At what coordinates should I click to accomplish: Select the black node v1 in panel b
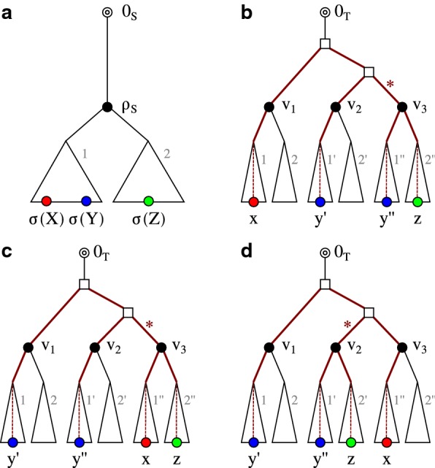(x=269, y=107)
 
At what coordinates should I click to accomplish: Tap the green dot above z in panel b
(x=417, y=202)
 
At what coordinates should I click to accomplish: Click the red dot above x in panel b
(x=253, y=202)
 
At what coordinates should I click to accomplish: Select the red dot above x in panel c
(x=145, y=442)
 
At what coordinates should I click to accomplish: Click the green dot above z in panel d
(x=352, y=442)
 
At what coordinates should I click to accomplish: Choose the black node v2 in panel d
(x=336, y=348)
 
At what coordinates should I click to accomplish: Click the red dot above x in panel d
(x=386, y=442)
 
